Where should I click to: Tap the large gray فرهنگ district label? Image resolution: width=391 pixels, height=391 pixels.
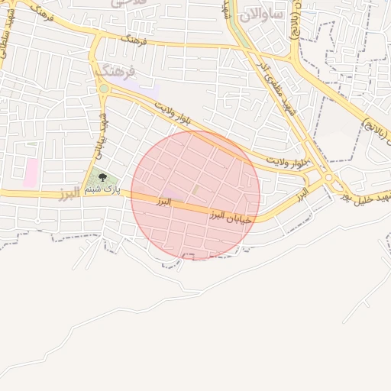coord(116,71)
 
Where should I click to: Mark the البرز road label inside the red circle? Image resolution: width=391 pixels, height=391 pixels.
coord(163,201)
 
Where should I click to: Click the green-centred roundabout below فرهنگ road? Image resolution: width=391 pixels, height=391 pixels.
coord(103,89)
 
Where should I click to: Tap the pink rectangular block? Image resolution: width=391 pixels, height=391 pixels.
coord(31,173)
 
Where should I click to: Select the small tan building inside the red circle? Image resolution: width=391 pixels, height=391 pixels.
coord(196,189)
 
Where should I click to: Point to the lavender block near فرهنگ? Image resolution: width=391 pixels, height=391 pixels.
coord(149,91)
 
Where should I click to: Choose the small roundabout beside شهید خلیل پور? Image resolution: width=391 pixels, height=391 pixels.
coord(329,177)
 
